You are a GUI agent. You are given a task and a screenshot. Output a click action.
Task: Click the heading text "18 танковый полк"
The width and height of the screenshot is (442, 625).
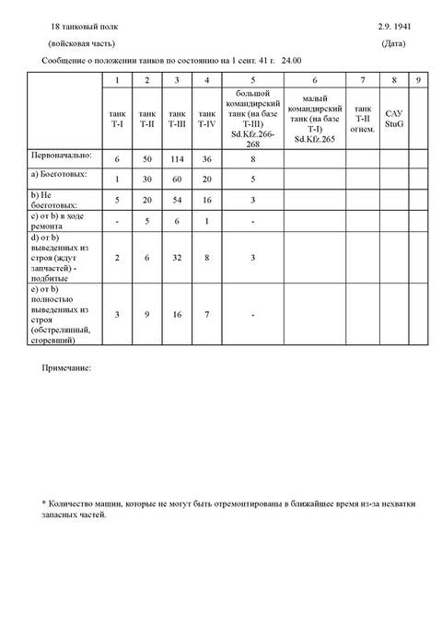pyautogui.click(x=86, y=29)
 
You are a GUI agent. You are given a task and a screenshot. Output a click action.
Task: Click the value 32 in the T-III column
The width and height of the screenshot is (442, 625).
pyautogui.click(x=175, y=259)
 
